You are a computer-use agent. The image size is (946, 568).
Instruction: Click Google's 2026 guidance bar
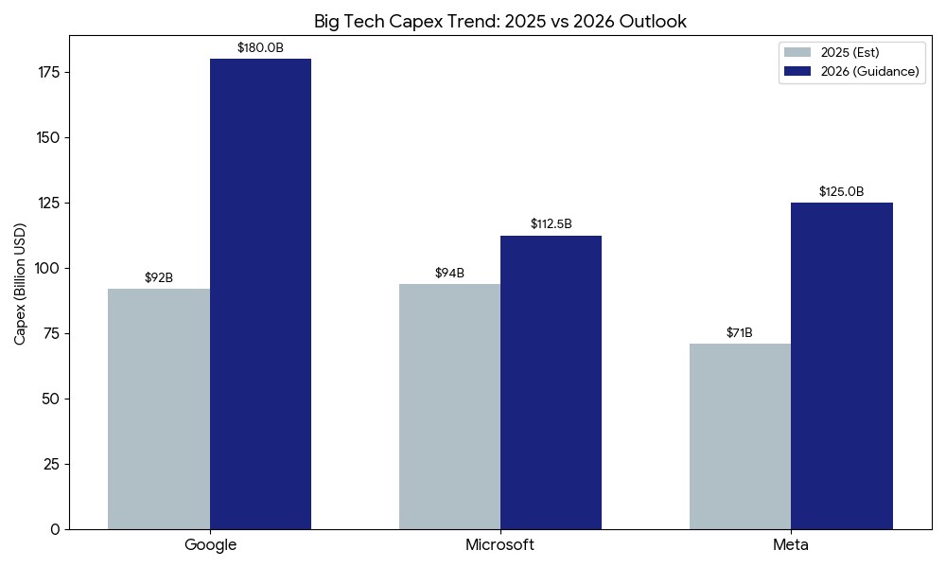click(260, 293)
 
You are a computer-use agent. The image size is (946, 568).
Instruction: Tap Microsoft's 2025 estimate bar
click(449, 406)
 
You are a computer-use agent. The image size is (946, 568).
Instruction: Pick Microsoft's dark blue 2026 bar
click(551, 382)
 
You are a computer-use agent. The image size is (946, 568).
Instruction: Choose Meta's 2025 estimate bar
click(740, 436)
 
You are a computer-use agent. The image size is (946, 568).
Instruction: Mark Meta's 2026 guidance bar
click(842, 365)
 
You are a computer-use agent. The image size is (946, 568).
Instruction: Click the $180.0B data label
click(260, 47)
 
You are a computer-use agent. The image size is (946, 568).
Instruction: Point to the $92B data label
click(159, 277)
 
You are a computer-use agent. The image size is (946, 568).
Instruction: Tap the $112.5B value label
click(551, 224)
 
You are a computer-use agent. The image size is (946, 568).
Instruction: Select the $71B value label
click(740, 332)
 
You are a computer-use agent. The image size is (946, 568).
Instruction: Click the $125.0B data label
click(842, 191)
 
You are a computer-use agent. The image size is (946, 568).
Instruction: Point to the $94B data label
click(449, 273)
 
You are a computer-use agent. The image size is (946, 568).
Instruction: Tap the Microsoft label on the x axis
click(499, 545)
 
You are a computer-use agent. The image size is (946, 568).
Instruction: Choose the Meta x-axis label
click(791, 545)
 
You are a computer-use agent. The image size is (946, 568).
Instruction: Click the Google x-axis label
click(210, 545)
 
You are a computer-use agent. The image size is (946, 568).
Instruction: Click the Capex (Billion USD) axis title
click(21, 283)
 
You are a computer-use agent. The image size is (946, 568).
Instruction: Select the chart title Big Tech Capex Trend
click(500, 21)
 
